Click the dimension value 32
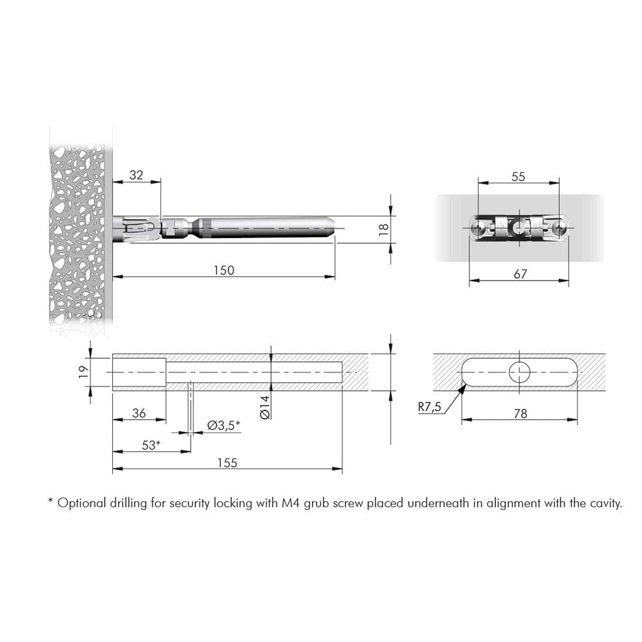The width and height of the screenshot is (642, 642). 136,175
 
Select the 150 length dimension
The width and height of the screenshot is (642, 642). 224,271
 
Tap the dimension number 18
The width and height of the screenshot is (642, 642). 384,229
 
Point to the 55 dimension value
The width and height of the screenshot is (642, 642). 518,177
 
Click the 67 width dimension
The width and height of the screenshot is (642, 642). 520,274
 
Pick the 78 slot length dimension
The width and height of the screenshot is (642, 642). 521,413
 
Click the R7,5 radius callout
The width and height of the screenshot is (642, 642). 429,406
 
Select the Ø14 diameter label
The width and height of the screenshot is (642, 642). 265,407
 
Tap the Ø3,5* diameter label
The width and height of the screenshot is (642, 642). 223,426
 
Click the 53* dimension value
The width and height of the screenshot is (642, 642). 151,445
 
